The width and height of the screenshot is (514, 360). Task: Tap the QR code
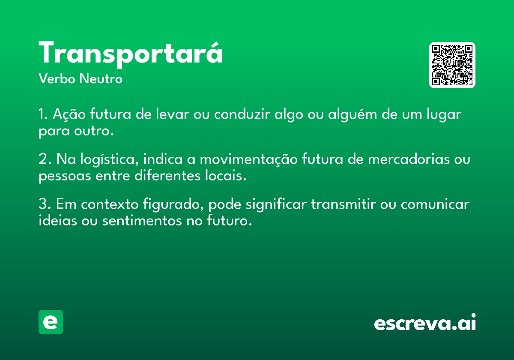point(452,65)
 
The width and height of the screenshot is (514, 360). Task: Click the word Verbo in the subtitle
point(57,79)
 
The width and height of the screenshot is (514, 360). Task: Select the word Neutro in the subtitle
point(101,79)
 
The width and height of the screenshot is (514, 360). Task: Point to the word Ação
point(69,114)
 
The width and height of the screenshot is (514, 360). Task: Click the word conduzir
point(242,114)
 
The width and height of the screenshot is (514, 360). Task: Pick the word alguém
point(353,114)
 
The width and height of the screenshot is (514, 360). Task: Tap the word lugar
point(444,114)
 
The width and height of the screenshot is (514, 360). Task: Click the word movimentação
point(248,159)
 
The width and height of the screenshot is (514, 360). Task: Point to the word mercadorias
point(409,159)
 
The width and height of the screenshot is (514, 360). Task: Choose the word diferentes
point(167,175)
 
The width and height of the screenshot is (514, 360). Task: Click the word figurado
point(173,204)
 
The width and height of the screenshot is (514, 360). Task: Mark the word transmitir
point(344,204)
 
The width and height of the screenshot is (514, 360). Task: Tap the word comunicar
point(435,204)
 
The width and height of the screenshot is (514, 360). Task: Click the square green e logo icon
point(51,322)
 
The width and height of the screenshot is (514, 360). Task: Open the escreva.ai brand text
point(425,322)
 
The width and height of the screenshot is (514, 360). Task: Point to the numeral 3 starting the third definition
point(43,204)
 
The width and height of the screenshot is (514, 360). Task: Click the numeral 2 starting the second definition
point(43,159)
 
